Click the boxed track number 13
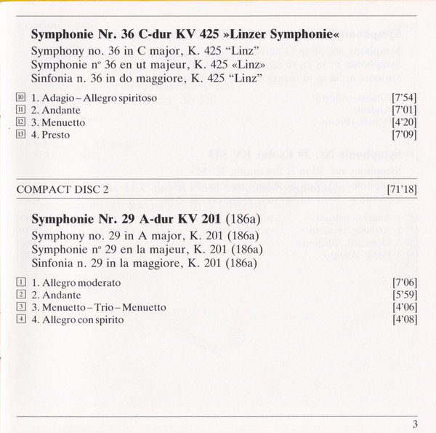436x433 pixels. point(20,135)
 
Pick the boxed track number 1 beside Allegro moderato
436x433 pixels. point(20,282)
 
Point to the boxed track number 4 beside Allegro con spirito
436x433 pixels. point(20,319)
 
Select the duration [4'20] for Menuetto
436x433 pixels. point(403,122)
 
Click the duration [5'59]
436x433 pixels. point(403,294)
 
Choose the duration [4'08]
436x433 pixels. point(403,319)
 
